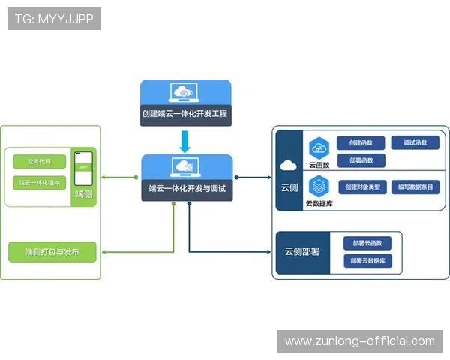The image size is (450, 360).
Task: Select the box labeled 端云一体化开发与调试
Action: (187, 178)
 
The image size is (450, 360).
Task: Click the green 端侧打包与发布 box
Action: (52, 252)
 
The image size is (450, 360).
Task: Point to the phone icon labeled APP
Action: (82, 169)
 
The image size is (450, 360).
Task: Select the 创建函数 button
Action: (361, 142)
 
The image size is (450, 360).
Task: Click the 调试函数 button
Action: (415, 142)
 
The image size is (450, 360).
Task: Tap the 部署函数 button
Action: (361, 160)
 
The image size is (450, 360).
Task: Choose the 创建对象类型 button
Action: (363, 187)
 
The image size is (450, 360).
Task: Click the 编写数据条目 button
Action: (415, 187)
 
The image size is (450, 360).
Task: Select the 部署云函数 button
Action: (367, 243)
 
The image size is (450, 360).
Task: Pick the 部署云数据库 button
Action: (367, 260)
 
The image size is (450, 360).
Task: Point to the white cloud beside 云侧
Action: (289, 166)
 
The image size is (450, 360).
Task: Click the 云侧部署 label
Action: (301, 251)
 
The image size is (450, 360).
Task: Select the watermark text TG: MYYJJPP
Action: (54, 19)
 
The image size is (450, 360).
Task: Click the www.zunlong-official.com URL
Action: (360, 341)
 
